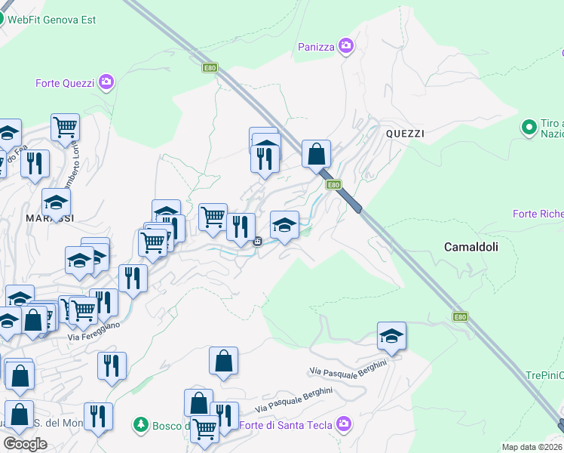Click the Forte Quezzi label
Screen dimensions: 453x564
pos(66,83)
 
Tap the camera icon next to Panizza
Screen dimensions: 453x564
pos(346,47)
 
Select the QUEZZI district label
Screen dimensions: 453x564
pos(405,134)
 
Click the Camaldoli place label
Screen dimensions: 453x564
pos(471,247)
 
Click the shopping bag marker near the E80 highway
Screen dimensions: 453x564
pos(317,154)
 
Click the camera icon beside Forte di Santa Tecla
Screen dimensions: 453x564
pos(345,425)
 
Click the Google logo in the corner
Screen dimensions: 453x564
pos(25,444)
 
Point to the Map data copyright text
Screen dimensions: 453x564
pos(532,447)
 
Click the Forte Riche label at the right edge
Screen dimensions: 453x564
pos(538,214)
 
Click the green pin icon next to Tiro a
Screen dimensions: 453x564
pos(529,127)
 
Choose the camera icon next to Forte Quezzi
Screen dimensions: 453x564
pos(106,82)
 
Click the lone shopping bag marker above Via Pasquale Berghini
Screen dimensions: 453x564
pos(224,362)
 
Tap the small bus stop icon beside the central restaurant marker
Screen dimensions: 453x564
pos(258,241)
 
